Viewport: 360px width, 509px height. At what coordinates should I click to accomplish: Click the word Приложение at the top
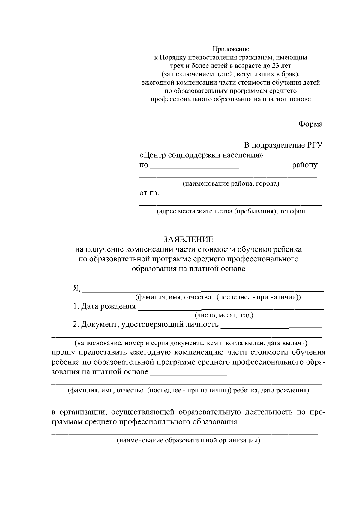pos(231,49)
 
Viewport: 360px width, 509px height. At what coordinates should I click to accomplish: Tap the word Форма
pos(310,124)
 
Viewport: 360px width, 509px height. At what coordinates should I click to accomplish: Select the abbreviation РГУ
pos(314,146)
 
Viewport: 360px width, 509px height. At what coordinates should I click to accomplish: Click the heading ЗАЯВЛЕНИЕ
pos(188,239)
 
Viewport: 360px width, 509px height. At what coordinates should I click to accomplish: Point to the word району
pos(305,165)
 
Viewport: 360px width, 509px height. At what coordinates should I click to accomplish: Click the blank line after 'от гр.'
pos(239,195)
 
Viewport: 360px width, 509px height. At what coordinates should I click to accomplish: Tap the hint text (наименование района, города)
pos(231,184)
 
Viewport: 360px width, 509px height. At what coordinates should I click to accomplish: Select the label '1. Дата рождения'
pos(104,306)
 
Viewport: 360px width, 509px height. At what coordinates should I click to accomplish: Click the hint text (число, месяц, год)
pos(224,315)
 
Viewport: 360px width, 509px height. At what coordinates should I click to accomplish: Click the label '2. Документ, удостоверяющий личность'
pos(146,324)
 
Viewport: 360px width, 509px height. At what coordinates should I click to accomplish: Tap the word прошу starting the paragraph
pos(63,352)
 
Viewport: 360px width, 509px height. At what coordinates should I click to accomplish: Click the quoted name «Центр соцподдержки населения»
pos(202,155)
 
